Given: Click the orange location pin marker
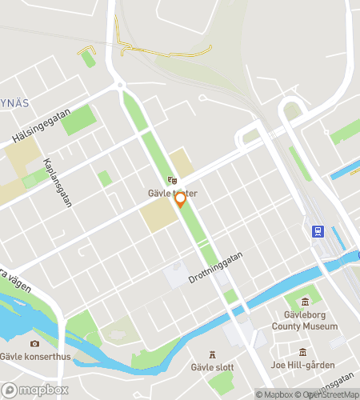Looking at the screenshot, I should pos(181,199).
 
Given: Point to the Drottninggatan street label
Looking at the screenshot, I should pos(215,267).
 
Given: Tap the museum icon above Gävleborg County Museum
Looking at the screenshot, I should pos(306,302).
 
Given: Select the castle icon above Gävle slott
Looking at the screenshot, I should pos(213,354).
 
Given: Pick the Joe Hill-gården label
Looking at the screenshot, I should pos(303,365).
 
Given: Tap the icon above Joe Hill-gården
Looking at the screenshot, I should pos(303,352).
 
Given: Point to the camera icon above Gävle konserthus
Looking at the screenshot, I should pos(34,343).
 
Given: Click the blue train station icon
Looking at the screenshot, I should pos(318,232).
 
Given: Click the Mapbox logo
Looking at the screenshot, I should pos(34,390).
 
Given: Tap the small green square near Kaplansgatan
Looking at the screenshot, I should pos(104,178).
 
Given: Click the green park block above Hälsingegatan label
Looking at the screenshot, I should pos(78,120).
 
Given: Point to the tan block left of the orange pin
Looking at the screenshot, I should pos(158,215).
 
